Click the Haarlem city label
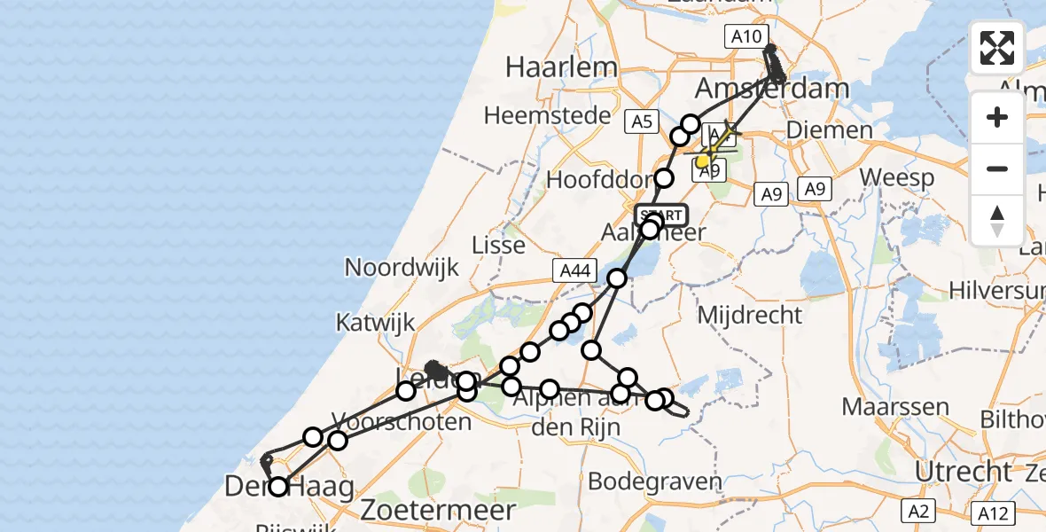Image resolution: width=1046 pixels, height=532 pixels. pos(561,67)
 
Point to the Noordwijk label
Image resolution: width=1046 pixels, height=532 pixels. pos(402,267)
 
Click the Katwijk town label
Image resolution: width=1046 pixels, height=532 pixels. pos(376,323)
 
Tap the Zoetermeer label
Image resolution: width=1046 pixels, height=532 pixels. pos(450,510)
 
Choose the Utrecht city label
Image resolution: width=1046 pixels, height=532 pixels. pos(963,472)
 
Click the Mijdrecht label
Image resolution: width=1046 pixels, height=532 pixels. pos(750,314)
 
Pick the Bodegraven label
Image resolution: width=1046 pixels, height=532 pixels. pos(655,482)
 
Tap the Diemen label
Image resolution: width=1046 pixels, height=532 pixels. pos(829,131)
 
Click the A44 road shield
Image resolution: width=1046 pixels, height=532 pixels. pos(574,271)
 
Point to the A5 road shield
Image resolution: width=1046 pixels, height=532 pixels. pos(641,121)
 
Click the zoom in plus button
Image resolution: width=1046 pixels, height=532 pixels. pos(997,118)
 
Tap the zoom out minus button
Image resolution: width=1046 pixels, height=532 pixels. pos(997,168)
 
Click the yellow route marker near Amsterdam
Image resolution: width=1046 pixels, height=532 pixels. pos(703,161)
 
